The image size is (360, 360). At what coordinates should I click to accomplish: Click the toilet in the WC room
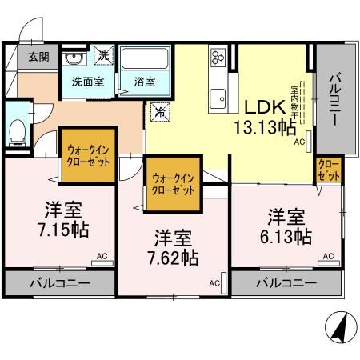click(18, 133)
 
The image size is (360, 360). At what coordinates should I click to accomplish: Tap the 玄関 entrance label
click(39, 57)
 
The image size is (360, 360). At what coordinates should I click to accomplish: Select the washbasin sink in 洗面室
click(74, 58)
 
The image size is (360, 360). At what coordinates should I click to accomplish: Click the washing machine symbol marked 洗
click(104, 55)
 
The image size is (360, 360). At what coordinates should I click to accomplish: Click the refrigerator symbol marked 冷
click(160, 112)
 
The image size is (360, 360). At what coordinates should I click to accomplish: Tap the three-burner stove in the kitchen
click(218, 58)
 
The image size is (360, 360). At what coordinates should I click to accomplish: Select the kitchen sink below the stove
click(218, 99)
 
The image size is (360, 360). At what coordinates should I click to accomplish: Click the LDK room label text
click(265, 107)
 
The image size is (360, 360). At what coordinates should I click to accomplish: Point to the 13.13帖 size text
click(265, 127)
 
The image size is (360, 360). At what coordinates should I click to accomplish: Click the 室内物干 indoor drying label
click(294, 102)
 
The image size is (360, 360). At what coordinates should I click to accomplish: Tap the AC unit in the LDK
click(309, 142)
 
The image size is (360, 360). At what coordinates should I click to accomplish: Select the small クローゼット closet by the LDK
click(329, 170)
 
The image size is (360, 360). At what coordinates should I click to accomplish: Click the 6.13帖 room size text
click(286, 237)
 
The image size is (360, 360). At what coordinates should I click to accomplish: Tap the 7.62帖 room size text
click(173, 258)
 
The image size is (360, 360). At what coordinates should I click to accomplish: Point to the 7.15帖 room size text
click(63, 230)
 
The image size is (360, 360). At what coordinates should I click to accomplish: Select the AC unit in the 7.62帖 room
click(223, 283)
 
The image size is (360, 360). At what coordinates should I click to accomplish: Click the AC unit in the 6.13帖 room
click(329, 263)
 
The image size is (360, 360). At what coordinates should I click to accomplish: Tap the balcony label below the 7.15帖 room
click(60, 283)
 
